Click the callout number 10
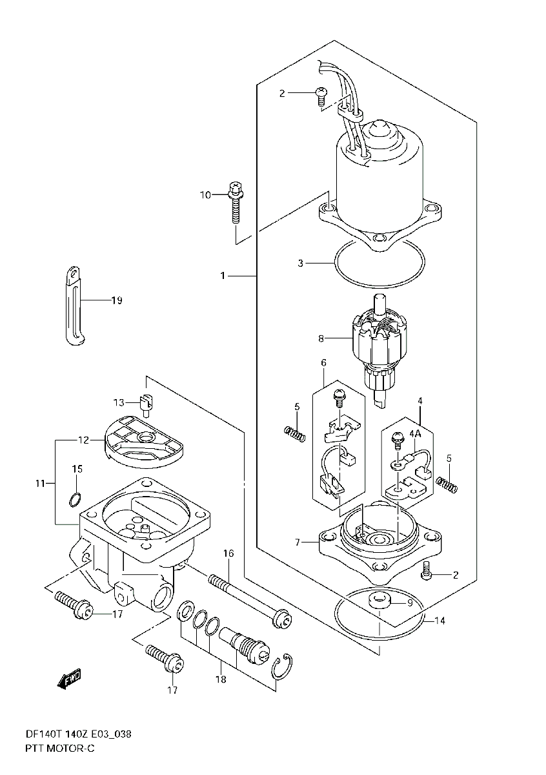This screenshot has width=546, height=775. [205, 195]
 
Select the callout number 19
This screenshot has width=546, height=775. [117, 300]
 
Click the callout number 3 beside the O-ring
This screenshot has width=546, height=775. [300, 263]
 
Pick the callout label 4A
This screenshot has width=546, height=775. [415, 434]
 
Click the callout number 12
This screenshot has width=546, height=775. [84, 440]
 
